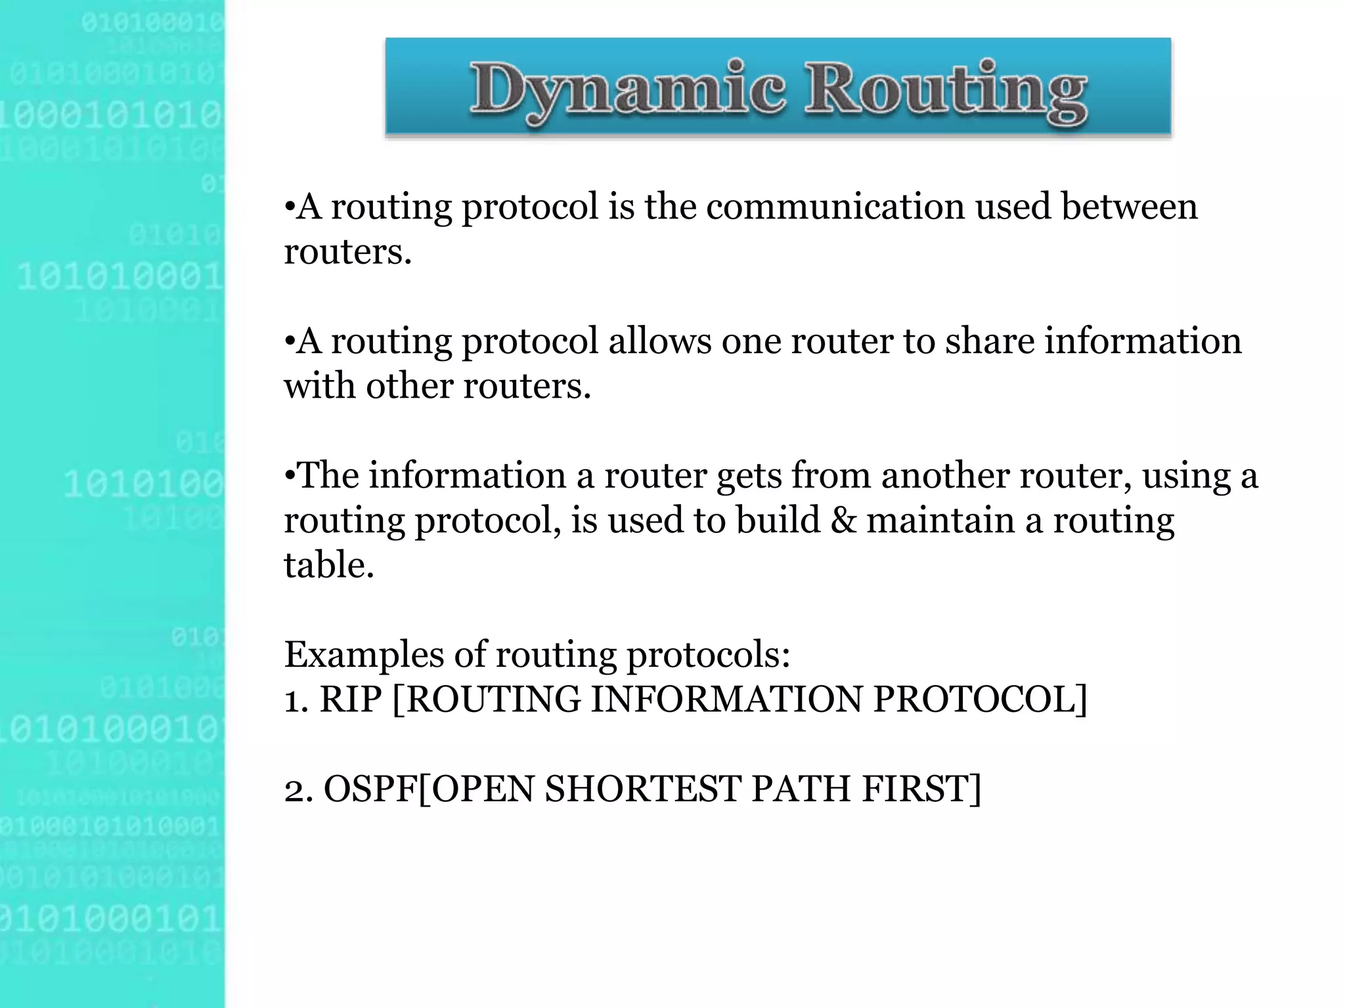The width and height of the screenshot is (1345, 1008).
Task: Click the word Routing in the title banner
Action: coord(946,91)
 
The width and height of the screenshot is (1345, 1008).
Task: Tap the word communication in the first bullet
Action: coord(835,207)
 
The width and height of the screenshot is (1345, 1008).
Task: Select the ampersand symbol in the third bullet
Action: coord(844,520)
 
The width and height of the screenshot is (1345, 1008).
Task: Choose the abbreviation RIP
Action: coord(350,699)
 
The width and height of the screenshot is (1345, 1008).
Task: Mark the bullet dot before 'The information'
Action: coord(289,476)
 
